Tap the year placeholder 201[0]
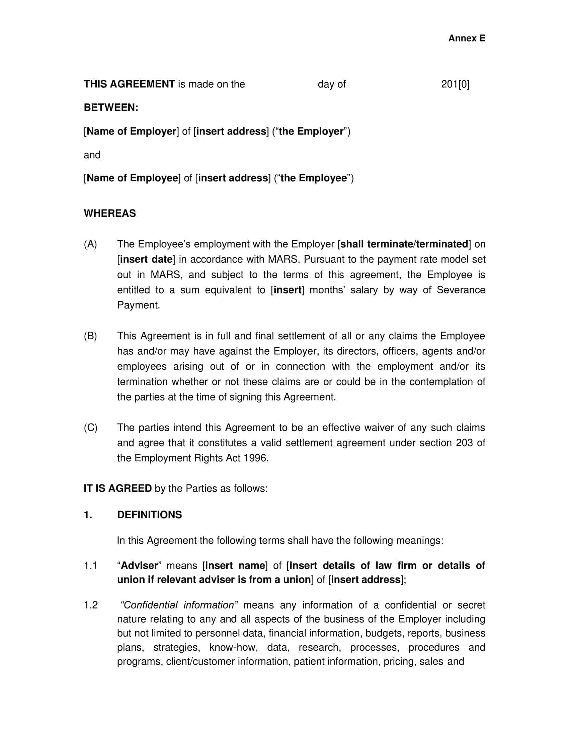coord(455,84)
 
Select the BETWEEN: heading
coord(111,107)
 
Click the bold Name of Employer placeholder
coord(131,131)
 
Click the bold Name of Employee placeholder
coord(132,178)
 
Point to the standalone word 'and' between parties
coord(92,155)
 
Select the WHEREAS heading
coord(109,213)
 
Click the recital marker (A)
coord(90,244)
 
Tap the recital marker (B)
coord(90,336)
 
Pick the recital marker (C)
coord(90,428)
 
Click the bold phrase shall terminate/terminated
coord(404,244)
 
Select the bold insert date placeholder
coord(146,260)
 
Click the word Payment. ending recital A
coord(138,305)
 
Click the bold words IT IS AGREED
coord(117,488)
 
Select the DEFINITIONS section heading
coord(149,515)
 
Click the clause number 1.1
coord(90,565)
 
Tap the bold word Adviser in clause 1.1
coord(139,565)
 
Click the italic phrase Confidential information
coord(179,605)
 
